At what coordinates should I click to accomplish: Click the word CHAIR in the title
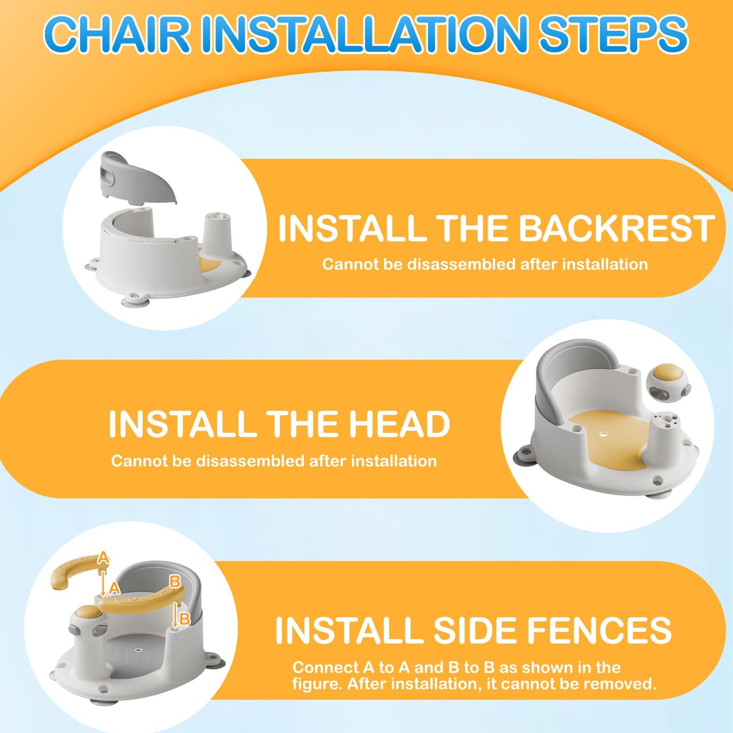coord(117,34)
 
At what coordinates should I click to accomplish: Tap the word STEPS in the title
coord(613,34)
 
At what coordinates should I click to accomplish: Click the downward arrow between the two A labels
coord(103,582)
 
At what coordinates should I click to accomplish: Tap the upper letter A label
coord(103,558)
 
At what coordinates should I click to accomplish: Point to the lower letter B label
coord(185,618)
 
